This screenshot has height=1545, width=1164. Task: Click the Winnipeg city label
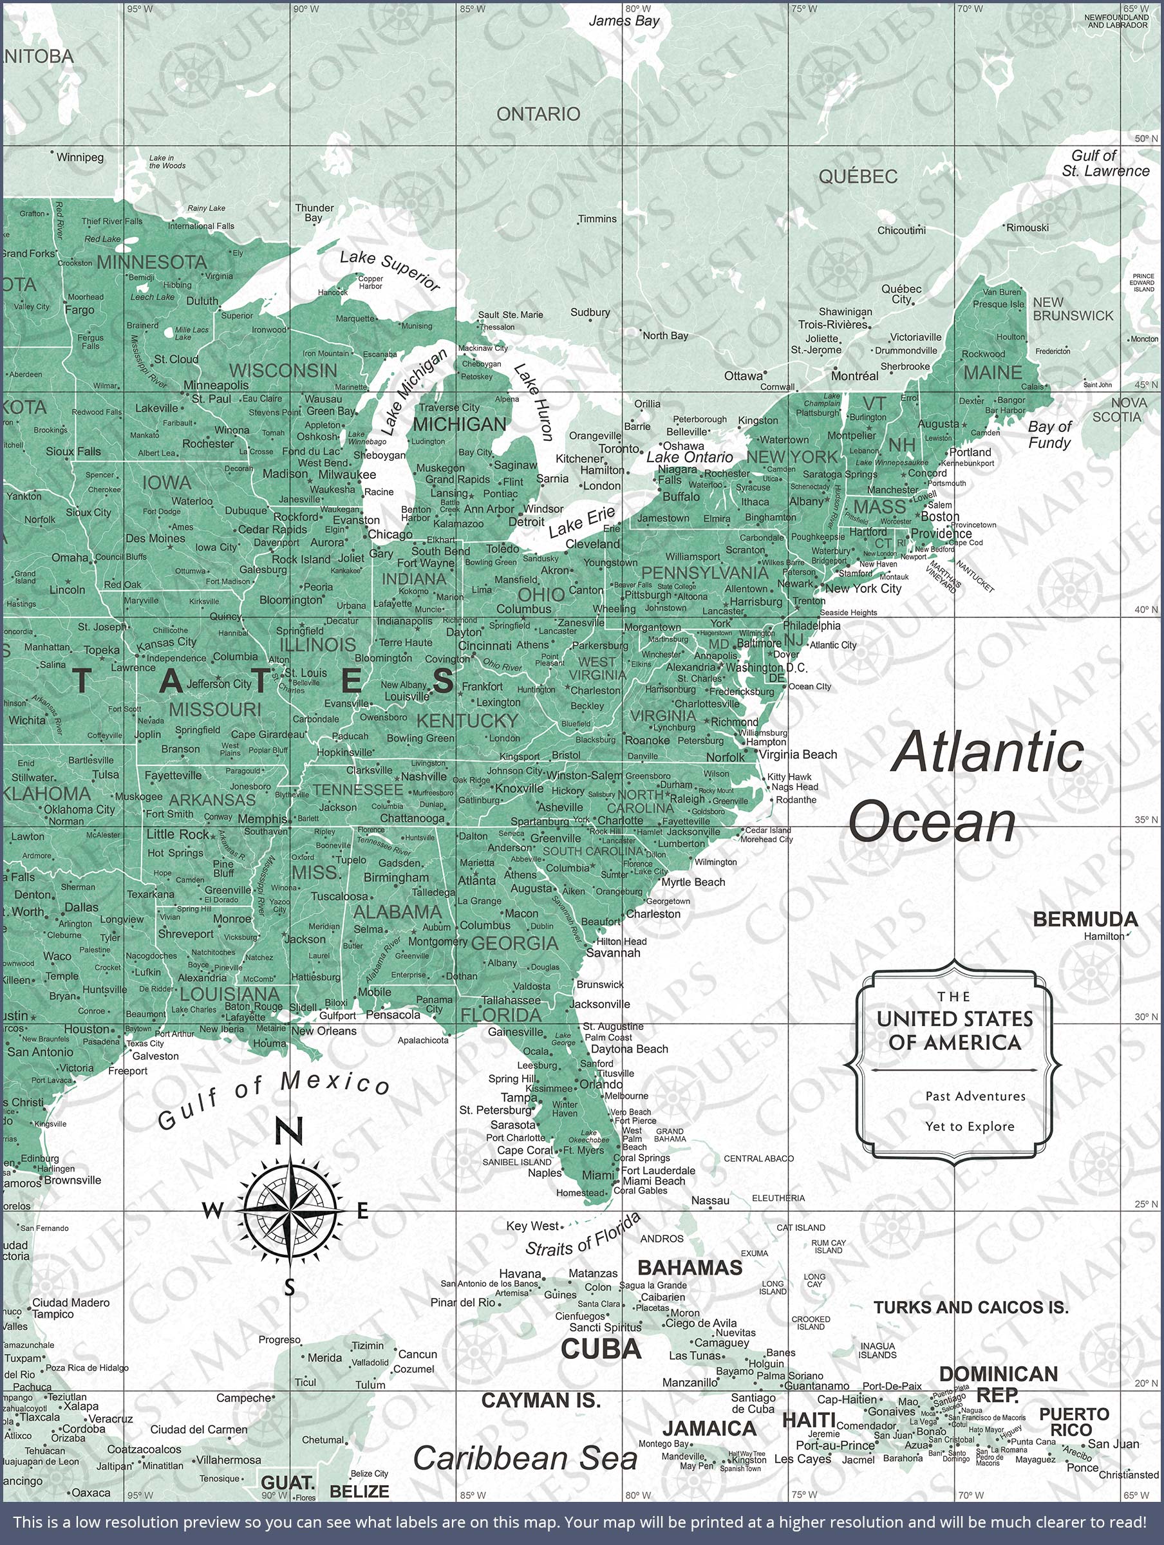(x=79, y=157)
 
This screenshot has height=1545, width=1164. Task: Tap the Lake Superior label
(x=390, y=270)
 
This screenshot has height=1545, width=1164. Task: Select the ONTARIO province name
(x=538, y=114)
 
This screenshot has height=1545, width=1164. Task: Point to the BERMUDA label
(x=1085, y=919)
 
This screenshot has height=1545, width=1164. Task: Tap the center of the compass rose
(x=288, y=1210)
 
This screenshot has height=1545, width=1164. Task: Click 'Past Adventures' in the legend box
(x=975, y=1096)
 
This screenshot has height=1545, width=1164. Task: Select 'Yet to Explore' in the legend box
(x=970, y=1126)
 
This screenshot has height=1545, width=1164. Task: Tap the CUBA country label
(x=601, y=1349)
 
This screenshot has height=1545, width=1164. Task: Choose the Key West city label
(x=533, y=1226)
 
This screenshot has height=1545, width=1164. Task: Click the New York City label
(x=863, y=588)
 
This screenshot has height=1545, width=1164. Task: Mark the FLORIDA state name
(x=501, y=1014)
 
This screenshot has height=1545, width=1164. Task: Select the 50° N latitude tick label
(x=1146, y=138)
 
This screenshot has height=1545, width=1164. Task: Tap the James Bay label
(x=624, y=21)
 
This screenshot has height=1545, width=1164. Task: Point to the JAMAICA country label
(x=709, y=1428)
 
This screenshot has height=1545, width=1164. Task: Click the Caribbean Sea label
(x=525, y=1458)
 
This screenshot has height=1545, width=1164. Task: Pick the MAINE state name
(x=993, y=372)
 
